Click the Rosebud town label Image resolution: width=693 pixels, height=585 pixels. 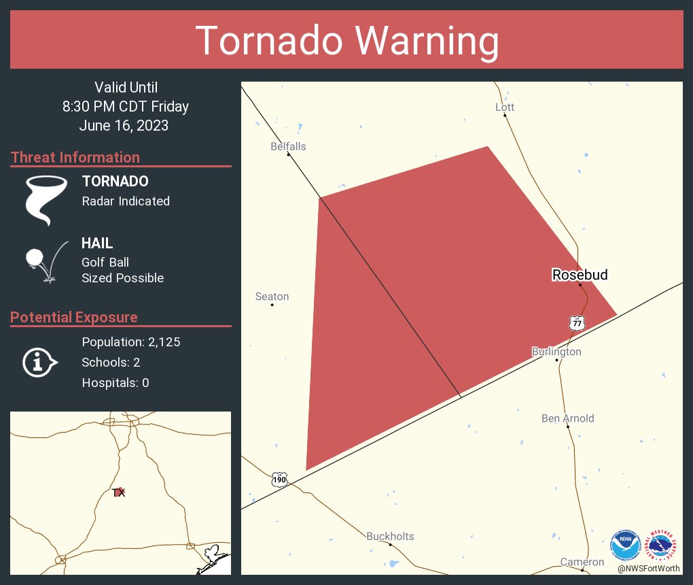(580, 275)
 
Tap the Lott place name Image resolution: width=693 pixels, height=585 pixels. (505, 107)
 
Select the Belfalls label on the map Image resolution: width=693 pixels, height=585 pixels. (288, 146)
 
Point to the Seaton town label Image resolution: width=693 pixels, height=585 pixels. (272, 297)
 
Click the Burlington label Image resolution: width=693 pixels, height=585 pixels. (556, 352)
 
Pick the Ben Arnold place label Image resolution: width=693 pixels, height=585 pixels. (567, 418)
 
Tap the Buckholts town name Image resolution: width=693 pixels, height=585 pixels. (390, 536)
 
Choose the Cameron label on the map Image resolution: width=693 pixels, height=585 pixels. (582, 562)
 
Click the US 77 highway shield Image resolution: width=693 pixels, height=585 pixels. (577, 322)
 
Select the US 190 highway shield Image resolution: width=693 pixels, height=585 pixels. (279, 479)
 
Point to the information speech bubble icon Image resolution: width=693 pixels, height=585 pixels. (40, 362)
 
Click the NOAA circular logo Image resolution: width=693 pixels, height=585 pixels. (625, 544)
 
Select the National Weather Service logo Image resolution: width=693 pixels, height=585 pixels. (662, 544)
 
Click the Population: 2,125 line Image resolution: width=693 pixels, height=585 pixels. (130, 341)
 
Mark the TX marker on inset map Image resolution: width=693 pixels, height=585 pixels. (119, 492)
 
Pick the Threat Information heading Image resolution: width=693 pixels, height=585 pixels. (75, 157)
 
